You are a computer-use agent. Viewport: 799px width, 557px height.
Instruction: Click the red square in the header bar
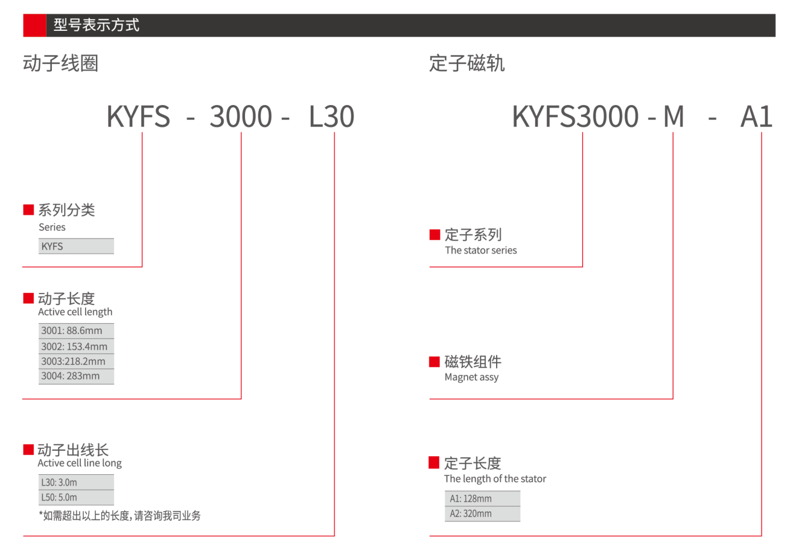pyautogui.click(x=34, y=25)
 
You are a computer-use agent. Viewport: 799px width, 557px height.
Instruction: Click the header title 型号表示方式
pyautogui.click(x=97, y=25)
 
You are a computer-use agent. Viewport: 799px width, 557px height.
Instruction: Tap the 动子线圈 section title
pyautogui.click(x=60, y=63)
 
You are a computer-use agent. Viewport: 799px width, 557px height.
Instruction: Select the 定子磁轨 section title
pyautogui.click(x=467, y=63)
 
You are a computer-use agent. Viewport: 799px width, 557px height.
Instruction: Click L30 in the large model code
pyautogui.click(x=331, y=117)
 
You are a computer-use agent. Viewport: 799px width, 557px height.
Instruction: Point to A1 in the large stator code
pyautogui.click(x=757, y=117)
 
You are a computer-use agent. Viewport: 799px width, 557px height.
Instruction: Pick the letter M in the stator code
pyautogui.click(x=673, y=117)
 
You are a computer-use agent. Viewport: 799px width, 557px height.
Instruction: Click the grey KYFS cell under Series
pyautogui.click(x=76, y=246)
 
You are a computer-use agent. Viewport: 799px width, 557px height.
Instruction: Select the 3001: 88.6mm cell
pyautogui.click(x=76, y=330)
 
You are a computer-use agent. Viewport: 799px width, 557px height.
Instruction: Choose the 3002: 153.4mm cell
pyautogui.click(x=76, y=346)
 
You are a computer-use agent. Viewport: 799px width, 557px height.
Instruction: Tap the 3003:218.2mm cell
pyautogui.click(x=76, y=361)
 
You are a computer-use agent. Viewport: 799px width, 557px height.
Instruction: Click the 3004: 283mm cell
pyautogui.click(x=76, y=376)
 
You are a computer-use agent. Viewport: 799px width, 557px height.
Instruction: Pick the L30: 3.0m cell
pyautogui.click(x=76, y=482)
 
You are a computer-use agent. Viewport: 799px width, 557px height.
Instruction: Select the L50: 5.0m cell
pyautogui.click(x=76, y=497)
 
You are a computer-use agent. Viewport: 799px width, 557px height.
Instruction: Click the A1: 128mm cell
pyautogui.click(x=482, y=498)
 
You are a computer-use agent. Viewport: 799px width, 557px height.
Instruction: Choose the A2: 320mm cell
pyautogui.click(x=482, y=514)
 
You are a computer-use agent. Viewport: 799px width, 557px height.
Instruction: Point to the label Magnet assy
pyautogui.click(x=471, y=378)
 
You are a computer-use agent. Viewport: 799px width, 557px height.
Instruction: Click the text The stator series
pyautogui.click(x=481, y=250)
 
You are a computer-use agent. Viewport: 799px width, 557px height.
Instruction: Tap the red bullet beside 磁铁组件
pyautogui.click(x=434, y=362)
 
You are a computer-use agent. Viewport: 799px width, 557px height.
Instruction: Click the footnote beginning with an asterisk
pyautogui.click(x=119, y=515)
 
